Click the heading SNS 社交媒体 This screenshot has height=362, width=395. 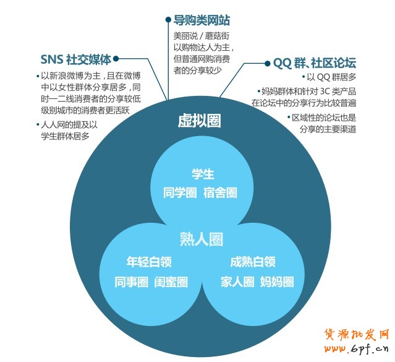coord(76,60)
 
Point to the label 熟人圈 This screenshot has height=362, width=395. coord(201,239)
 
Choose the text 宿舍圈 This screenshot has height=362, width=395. coord(220,192)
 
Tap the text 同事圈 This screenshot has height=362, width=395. coord(132,282)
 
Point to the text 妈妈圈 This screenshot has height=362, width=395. coord(276,282)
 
